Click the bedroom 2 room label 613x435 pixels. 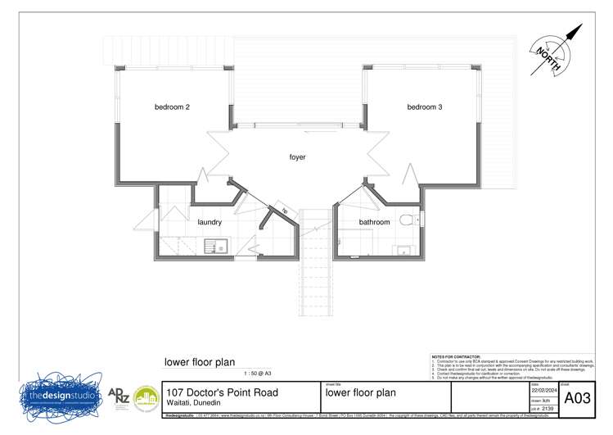173,107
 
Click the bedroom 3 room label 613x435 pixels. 425,107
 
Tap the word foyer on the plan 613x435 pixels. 297,157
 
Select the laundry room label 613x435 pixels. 210,222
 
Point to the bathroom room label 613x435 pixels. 376,222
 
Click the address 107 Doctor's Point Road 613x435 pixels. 222,392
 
